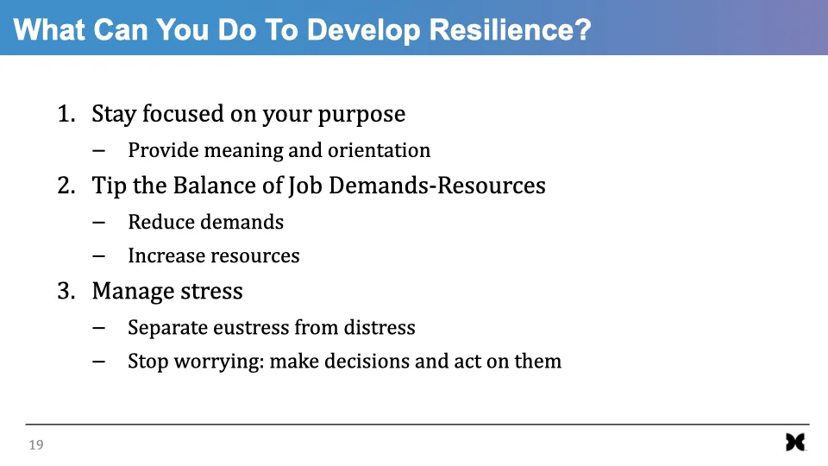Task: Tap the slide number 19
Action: [x=36, y=445]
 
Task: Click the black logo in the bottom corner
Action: [x=795, y=443]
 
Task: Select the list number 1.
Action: [x=66, y=114]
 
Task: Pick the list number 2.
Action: [x=66, y=186]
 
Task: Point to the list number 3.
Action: [x=66, y=292]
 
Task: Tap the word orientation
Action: [x=379, y=150]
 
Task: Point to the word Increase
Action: [x=164, y=256]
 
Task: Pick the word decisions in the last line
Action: [x=367, y=362]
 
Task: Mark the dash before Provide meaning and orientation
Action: [x=98, y=151]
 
